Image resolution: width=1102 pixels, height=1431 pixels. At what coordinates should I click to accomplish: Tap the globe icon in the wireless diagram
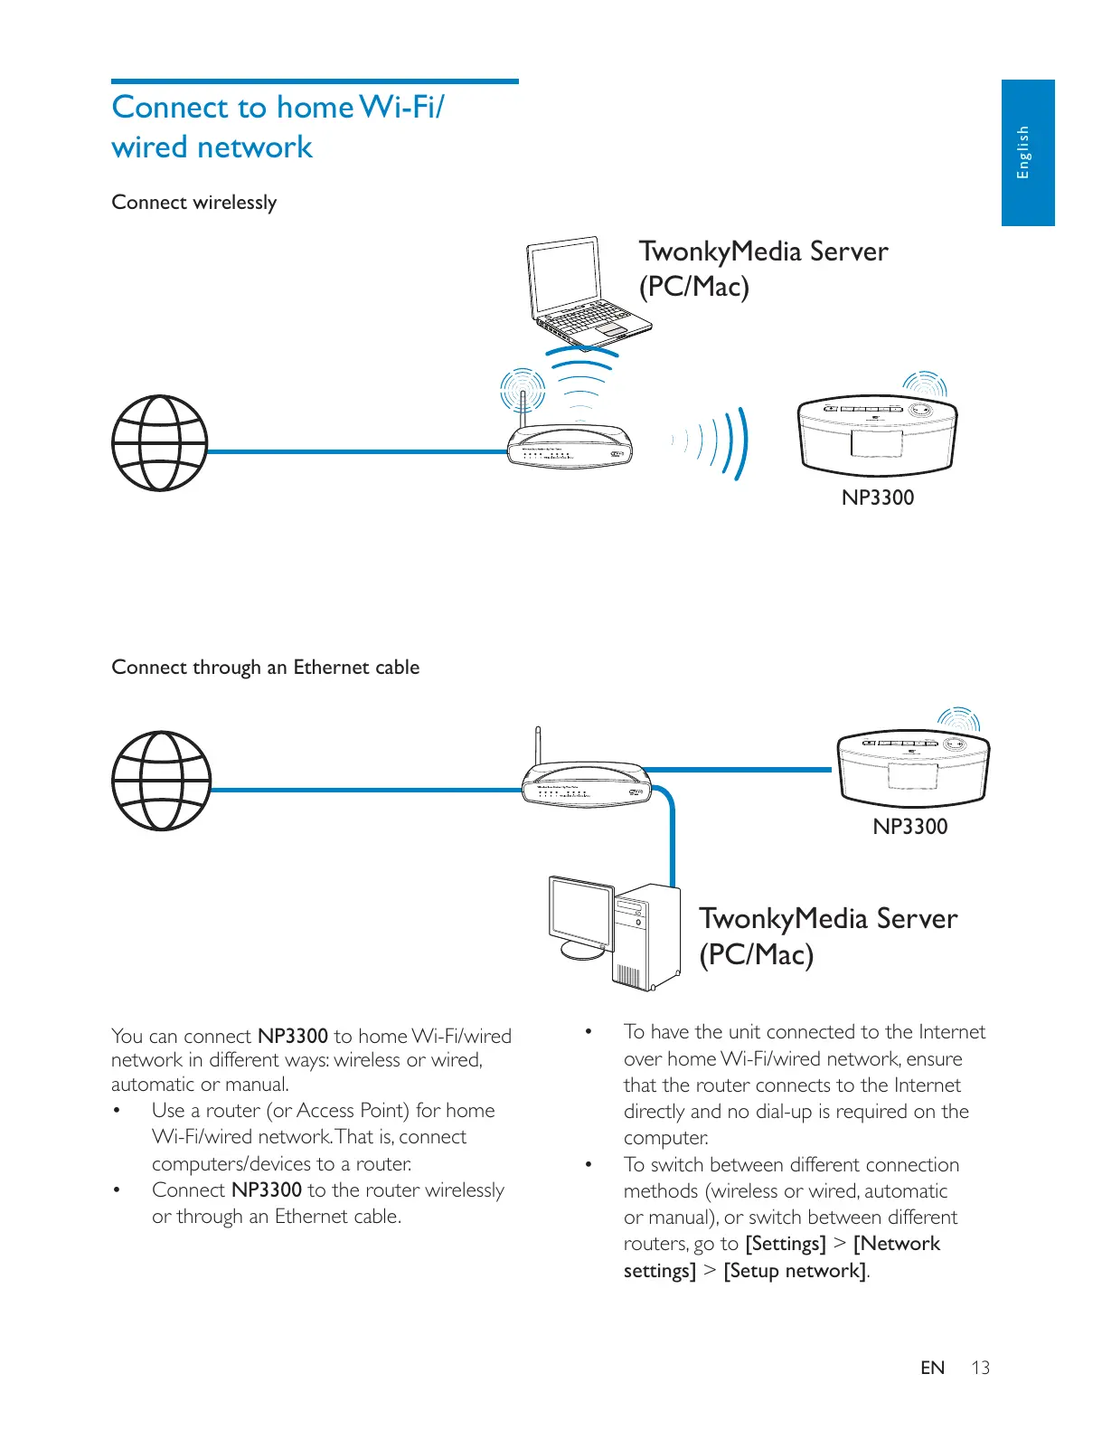coord(159,443)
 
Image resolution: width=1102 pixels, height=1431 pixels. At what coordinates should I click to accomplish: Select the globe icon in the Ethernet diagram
coord(161,781)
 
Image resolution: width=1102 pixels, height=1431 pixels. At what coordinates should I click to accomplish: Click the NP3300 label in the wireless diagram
coord(878,498)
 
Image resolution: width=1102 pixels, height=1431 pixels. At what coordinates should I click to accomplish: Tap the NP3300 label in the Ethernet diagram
coord(910,827)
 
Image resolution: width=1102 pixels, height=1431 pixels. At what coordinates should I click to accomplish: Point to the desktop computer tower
coord(645,937)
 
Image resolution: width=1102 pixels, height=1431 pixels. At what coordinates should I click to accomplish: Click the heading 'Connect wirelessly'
coord(194,203)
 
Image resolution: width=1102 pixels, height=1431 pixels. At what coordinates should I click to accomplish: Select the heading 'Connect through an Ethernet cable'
coord(265,668)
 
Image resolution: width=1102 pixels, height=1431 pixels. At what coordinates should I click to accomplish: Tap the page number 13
coord(981,1368)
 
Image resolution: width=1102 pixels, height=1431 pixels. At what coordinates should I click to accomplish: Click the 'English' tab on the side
coord(1026,152)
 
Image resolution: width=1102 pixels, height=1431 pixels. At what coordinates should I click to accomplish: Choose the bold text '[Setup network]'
coord(795,1270)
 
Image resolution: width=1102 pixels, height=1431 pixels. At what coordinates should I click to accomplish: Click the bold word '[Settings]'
coord(785,1244)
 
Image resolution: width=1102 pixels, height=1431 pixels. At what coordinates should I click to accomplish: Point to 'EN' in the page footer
coord(932,1368)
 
